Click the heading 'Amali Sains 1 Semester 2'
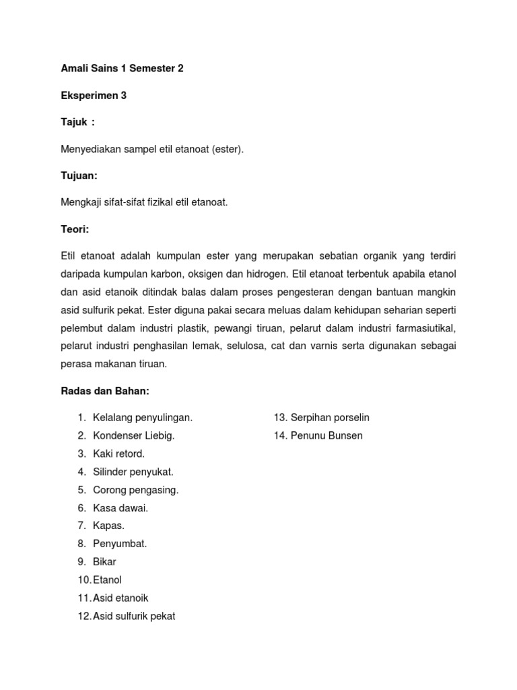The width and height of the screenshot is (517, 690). [x=122, y=68]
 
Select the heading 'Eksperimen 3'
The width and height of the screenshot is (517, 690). [x=94, y=96]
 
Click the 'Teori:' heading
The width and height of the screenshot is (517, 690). [x=75, y=229]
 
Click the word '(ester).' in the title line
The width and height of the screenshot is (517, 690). [x=227, y=149]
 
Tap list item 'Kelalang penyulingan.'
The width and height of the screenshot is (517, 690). [x=143, y=418]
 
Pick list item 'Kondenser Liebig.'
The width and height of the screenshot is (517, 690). [x=133, y=436]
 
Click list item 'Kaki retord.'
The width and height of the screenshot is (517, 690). [x=118, y=453]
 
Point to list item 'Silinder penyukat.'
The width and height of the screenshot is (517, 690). [x=133, y=472]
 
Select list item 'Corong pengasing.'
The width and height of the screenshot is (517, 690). [x=135, y=490]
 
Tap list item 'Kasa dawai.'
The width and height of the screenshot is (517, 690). [x=120, y=508]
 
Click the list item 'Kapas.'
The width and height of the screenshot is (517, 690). [x=108, y=526]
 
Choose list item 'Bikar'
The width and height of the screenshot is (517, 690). [x=104, y=562]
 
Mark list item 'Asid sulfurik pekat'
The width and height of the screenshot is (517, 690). [x=134, y=616]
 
